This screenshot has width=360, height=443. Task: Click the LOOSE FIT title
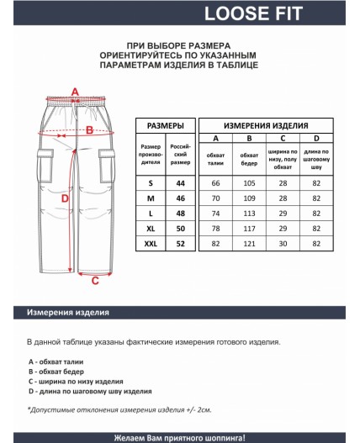253,13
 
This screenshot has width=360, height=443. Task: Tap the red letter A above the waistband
75,92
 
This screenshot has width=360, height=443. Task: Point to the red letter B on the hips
89,130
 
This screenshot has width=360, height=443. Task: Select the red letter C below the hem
95,281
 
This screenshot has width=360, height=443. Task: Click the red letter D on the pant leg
65,198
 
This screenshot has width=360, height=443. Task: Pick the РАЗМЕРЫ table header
166,126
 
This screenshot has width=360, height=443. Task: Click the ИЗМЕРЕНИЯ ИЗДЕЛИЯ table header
266,126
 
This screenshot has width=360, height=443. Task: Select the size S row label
151,183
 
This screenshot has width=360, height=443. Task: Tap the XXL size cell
151,244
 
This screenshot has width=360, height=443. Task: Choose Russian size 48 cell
181,214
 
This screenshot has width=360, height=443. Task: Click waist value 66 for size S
215,183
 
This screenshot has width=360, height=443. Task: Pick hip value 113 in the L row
249,214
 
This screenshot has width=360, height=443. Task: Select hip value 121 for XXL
249,244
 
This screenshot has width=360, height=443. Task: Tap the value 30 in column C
283,244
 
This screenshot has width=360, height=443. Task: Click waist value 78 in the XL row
215,229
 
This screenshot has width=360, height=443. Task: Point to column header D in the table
316,138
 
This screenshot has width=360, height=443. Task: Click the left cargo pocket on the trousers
45,166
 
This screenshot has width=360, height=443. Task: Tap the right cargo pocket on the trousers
107,166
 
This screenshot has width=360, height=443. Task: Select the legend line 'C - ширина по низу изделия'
76,382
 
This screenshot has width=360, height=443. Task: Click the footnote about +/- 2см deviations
119,409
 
